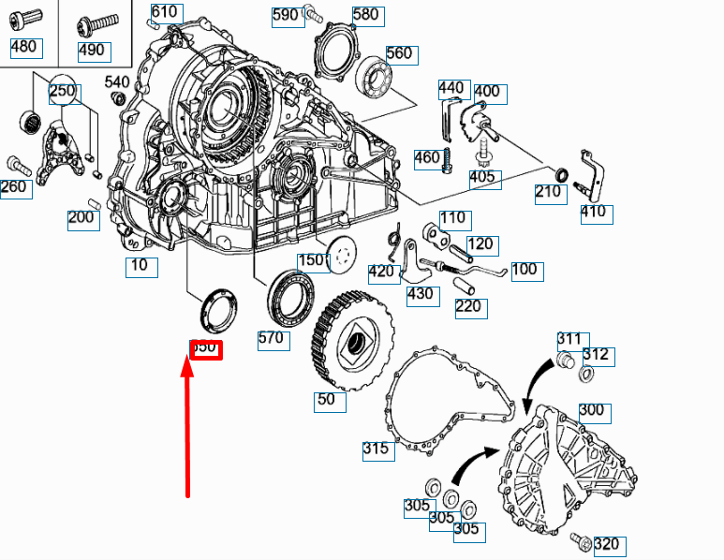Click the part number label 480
coord(24,47)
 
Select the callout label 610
coord(164,12)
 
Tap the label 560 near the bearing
coord(399,53)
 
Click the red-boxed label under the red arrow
coord(205,347)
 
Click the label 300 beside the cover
coord(592,411)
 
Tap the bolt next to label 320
coord(578,540)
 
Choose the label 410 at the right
coord(594,212)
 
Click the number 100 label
coord(524,270)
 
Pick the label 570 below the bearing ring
coord(271,339)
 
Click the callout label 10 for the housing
coord(140,266)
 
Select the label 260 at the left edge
coord(14,187)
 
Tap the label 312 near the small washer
coord(596,355)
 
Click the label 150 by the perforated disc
coord(311,260)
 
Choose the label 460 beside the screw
coord(426,157)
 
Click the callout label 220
coord(468,306)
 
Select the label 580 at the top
coord(365,14)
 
